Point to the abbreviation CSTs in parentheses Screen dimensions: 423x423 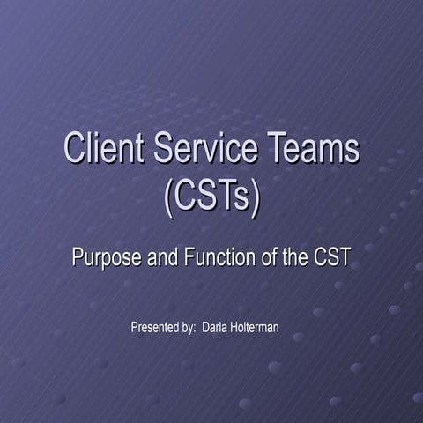tap(212, 197)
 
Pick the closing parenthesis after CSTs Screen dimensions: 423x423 tap(256, 197)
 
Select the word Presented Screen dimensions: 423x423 tap(156, 328)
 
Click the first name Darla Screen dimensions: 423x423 tap(217, 328)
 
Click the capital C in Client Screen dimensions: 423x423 tap(74, 149)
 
